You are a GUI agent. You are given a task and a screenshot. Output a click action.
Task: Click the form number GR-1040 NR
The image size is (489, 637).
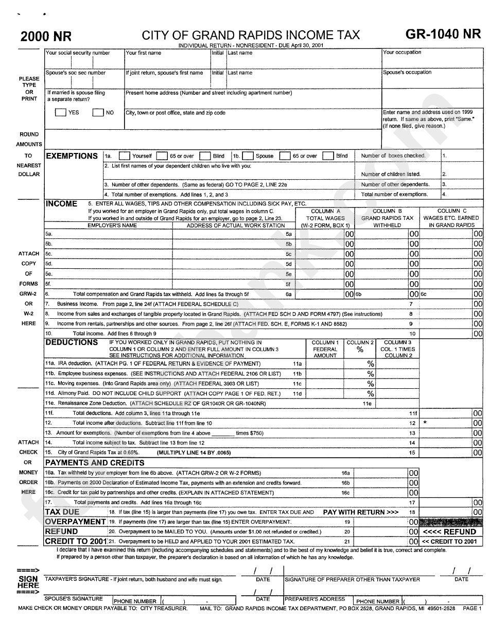click(443, 35)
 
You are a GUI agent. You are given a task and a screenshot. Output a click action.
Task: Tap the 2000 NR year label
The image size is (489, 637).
click(46, 37)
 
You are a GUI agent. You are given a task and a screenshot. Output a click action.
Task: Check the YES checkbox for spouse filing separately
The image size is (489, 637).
click(60, 113)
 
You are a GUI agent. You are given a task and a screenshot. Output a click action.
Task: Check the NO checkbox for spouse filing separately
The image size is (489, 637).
click(98, 113)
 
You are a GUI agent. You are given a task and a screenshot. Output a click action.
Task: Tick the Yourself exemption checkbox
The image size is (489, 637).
click(124, 156)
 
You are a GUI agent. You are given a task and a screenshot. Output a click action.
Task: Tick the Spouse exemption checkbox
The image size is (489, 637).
click(247, 156)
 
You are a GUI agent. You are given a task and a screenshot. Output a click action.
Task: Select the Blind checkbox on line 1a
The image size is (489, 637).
click(204, 156)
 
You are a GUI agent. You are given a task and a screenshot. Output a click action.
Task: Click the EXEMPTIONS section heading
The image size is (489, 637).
click(72, 156)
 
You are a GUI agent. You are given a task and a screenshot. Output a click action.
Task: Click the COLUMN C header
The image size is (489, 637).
click(452, 211)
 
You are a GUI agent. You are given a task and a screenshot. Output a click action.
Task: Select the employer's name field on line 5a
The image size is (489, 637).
click(108, 234)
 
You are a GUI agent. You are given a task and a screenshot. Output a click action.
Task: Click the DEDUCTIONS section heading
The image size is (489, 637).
click(72, 342)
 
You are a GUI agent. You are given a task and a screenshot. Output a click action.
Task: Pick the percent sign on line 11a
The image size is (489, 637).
click(370, 364)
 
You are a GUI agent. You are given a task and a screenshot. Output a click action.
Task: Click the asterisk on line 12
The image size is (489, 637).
click(425, 423)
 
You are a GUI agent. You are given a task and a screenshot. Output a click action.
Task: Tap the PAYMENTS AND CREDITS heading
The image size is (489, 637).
click(94, 462)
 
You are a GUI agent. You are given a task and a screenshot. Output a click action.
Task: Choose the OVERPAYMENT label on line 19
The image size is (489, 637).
click(75, 522)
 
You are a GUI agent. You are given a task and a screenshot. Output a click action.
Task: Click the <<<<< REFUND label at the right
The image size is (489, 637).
click(449, 531)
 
